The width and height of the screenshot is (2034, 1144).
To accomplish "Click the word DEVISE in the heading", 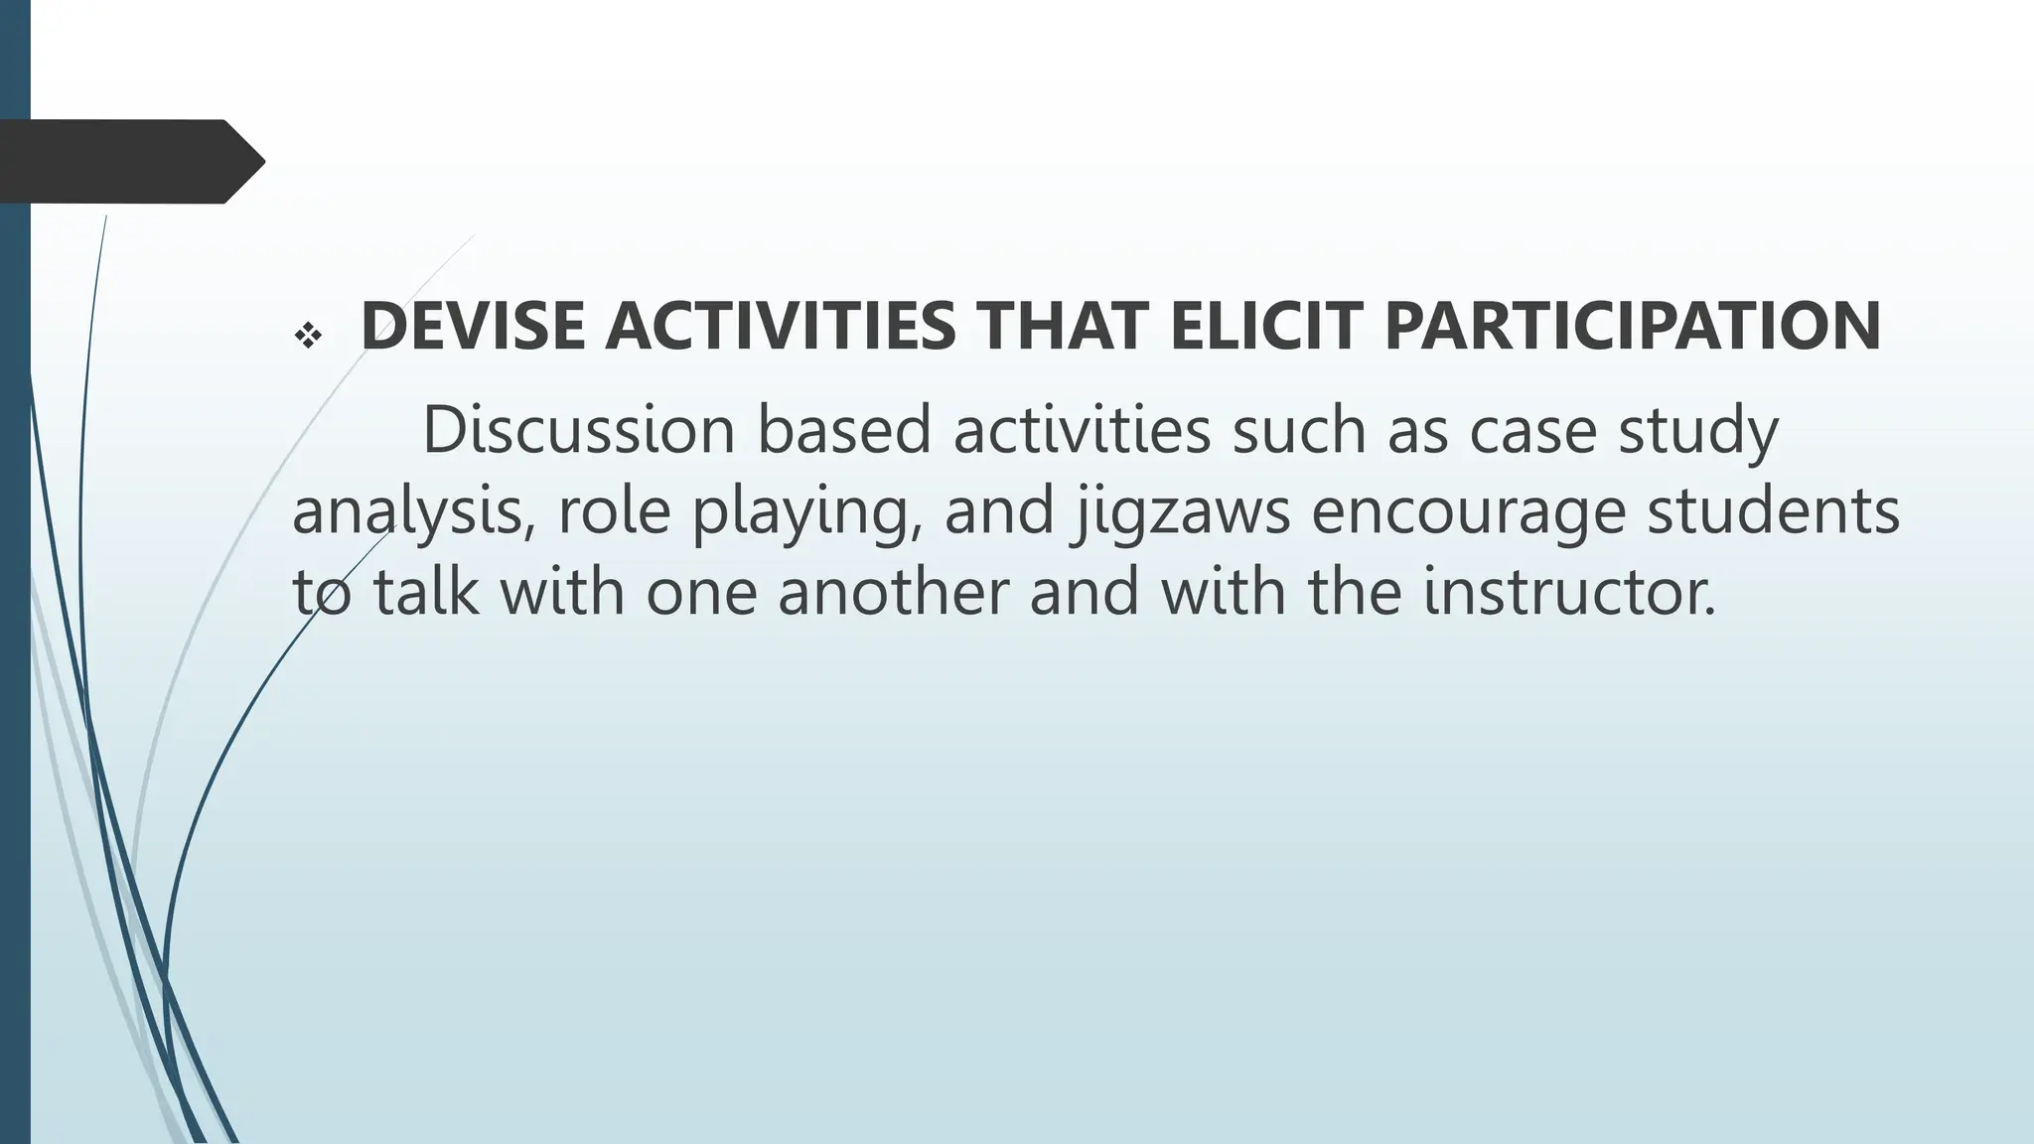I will [x=473, y=327].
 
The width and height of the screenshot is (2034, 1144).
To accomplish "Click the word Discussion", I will [x=579, y=431].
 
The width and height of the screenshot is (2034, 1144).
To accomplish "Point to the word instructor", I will [x=1569, y=592].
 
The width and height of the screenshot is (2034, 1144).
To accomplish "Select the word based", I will [x=844, y=431].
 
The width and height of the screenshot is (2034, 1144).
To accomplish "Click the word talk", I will [x=425, y=592].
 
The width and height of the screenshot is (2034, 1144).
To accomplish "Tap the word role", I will [x=614, y=510].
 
